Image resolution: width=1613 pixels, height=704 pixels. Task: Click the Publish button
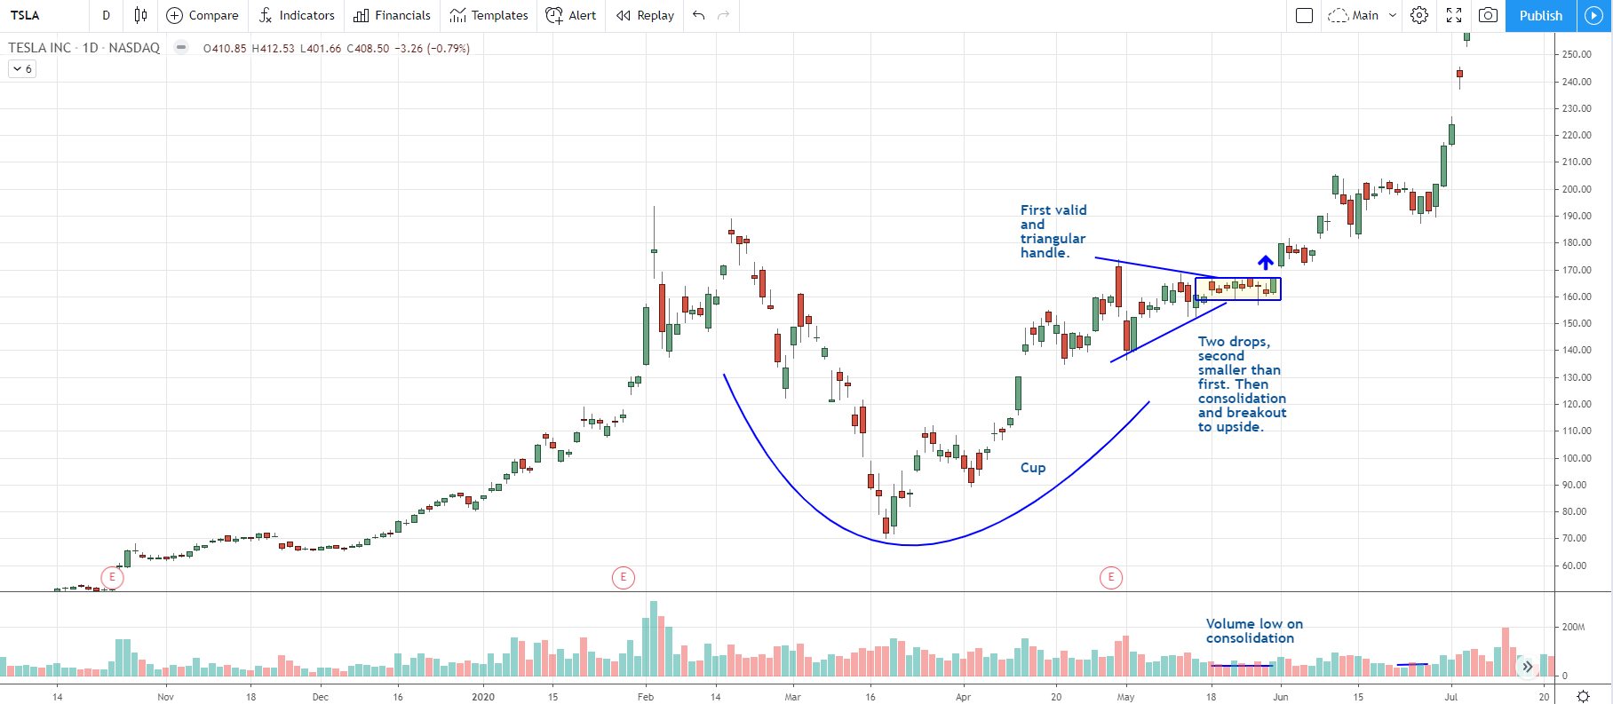pos(1540,15)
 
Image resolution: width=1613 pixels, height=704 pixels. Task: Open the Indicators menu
pos(297,15)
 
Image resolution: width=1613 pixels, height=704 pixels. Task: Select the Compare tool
pos(203,15)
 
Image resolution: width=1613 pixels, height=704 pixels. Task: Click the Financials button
pos(392,15)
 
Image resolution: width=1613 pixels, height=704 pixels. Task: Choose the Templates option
pos(489,15)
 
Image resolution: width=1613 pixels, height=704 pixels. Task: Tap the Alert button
pos(571,15)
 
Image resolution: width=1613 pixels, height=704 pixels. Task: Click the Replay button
pos(646,15)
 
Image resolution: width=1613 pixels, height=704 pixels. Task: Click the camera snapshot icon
pos(1488,15)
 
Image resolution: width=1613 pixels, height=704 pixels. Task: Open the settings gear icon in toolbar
pos(1419,15)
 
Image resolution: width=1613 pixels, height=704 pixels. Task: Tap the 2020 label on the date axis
pos(483,697)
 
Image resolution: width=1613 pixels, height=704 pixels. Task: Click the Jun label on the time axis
pos(1280,697)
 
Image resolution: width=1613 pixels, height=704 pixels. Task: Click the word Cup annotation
pos(1033,468)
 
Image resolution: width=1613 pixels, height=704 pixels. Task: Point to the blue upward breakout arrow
pos(1265,262)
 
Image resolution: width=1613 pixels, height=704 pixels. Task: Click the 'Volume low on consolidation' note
pos(1253,631)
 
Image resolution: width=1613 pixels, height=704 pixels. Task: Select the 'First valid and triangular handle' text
pos(1053,232)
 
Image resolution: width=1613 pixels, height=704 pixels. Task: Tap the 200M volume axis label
pos(1573,627)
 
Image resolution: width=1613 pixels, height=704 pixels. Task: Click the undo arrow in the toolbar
pos(699,15)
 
